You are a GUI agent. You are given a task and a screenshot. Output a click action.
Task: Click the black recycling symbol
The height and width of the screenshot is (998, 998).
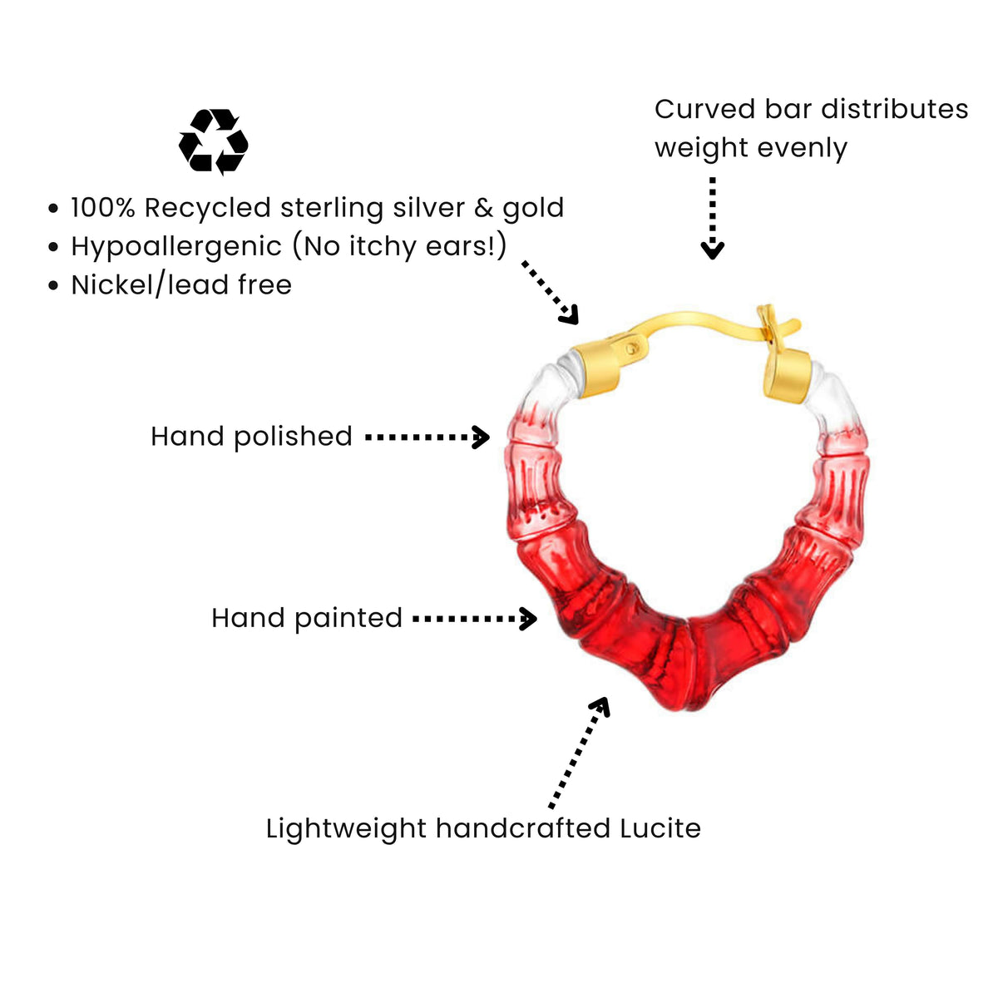pos(214,142)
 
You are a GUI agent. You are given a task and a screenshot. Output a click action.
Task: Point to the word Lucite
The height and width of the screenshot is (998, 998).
pos(660,828)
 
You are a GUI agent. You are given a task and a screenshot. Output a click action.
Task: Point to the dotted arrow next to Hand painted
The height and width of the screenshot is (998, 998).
pos(475,619)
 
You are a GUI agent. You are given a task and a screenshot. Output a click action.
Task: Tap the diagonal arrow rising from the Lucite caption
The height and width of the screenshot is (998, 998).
pos(579,753)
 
